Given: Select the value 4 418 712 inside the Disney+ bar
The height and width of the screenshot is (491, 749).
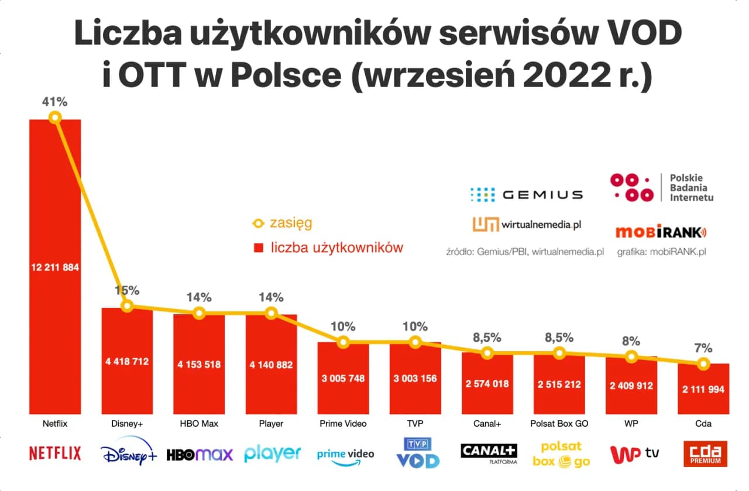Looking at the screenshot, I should click(127, 362).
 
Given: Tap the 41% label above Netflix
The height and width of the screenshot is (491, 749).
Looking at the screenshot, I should click(54, 102).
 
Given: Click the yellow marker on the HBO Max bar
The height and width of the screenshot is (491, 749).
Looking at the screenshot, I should click(199, 313).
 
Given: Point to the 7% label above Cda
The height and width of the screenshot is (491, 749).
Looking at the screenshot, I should click(703, 348).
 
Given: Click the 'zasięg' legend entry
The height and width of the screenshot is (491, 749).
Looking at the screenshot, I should click(282, 223).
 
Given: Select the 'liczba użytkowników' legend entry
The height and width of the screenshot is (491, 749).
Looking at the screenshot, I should click(328, 248).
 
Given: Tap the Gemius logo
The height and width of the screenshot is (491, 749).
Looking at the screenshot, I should click(526, 194).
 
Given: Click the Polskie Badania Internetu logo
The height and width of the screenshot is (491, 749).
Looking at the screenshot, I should click(662, 188).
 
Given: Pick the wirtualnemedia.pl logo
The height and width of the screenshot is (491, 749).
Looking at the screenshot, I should click(527, 224).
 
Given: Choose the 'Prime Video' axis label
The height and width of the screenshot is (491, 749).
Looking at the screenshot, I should click(343, 423).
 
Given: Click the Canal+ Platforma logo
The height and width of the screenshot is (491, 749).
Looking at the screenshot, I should click(489, 454).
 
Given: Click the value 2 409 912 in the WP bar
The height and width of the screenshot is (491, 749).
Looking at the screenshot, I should click(631, 386).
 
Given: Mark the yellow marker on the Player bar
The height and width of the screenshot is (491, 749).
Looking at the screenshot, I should click(271, 313).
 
